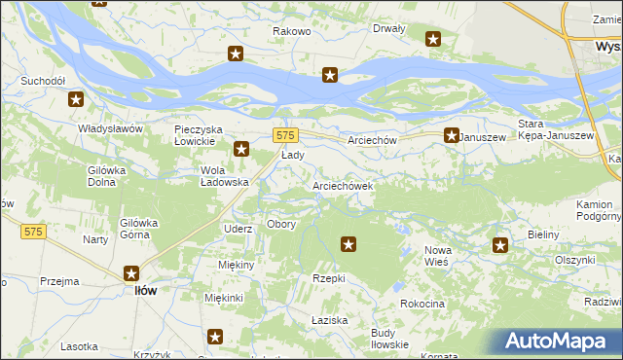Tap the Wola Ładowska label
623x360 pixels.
click(225, 176)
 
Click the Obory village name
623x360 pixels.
click(281, 224)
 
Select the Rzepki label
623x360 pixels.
click(328, 278)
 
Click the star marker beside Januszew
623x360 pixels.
click(452, 136)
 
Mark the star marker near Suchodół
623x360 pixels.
click(75, 98)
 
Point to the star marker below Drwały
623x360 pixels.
click(433, 40)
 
